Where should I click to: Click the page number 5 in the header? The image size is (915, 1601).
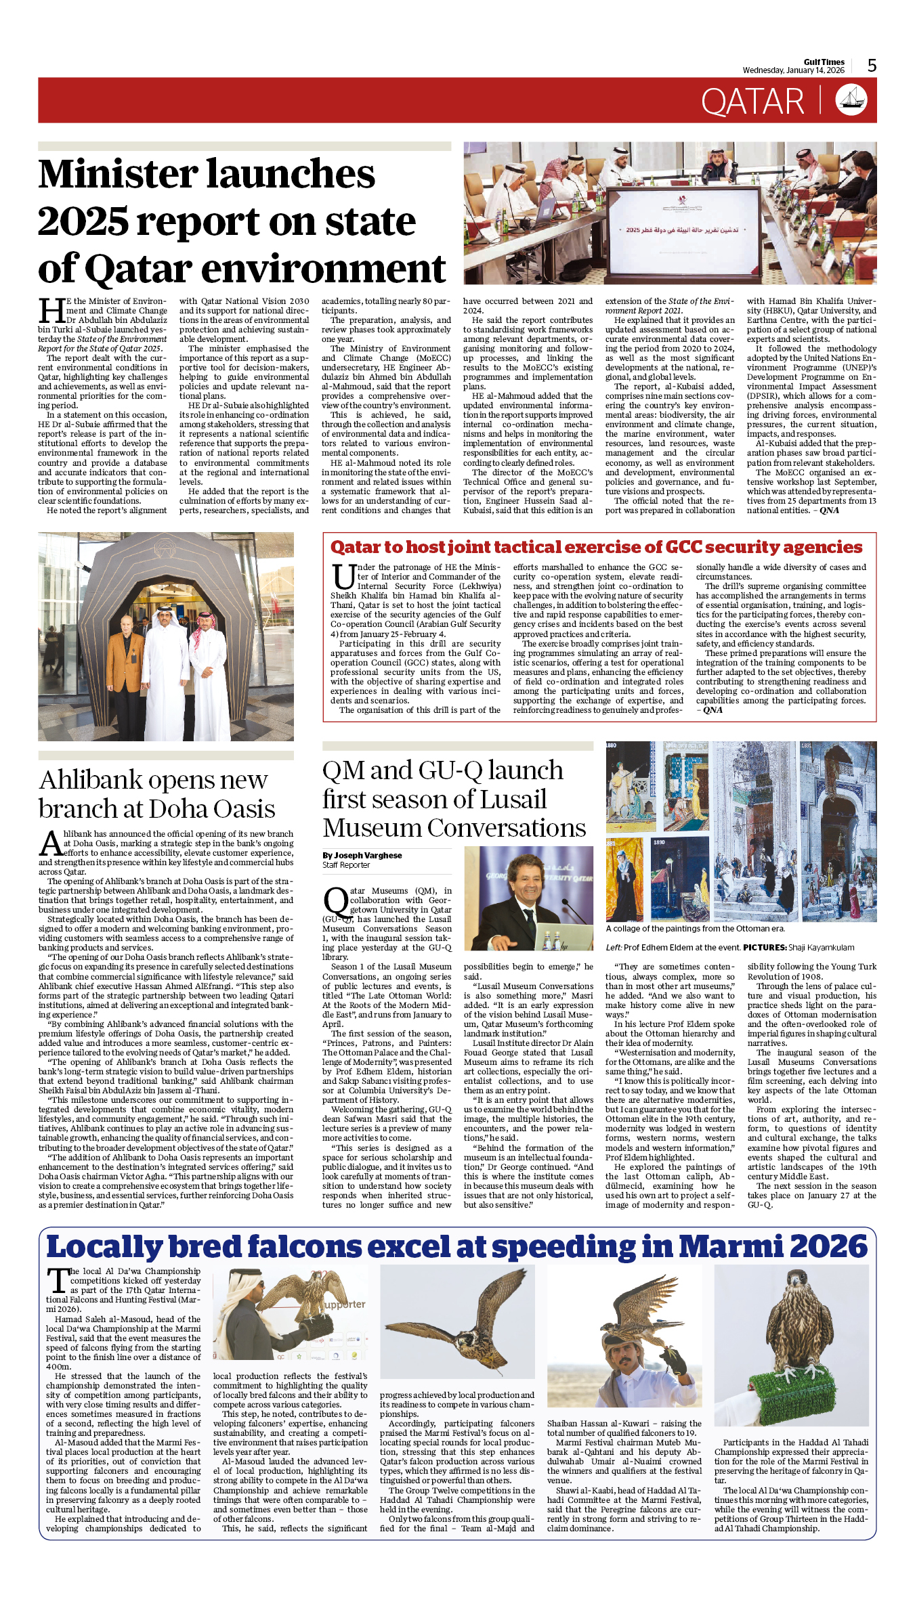coord(872,66)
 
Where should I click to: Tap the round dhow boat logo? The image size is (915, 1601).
coord(851,100)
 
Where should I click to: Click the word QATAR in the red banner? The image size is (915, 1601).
coord(752,102)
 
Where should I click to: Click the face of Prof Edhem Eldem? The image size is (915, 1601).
coord(527,877)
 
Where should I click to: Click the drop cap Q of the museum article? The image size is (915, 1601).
coord(336,902)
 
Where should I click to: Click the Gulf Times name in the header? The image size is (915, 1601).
coord(824,62)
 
